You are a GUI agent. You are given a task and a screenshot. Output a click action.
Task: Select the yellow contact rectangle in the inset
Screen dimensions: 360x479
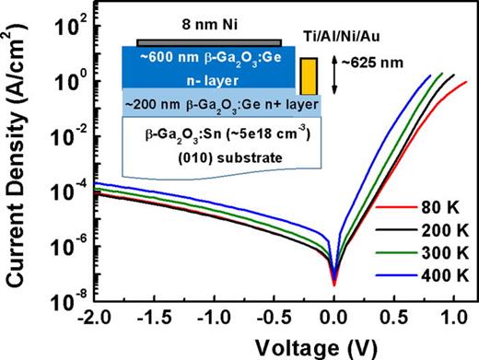coord(309,76)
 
